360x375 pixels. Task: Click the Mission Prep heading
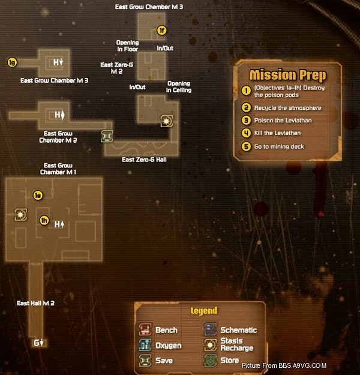[287, 75]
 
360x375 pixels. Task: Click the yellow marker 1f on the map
[161, 30]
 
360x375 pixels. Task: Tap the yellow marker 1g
[11, 62]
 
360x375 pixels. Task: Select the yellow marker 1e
[38, 195]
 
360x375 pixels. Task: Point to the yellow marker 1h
[43, 220]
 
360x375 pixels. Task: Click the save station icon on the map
[107, 137]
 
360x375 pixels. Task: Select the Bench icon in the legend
[146, 329]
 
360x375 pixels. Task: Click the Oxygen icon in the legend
[146, 345]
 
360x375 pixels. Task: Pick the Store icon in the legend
[210, 360]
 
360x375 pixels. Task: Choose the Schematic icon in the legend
[210, 329]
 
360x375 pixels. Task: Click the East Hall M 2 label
[35, 304]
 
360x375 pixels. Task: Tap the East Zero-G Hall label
[143, 160]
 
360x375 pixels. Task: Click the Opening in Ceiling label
[179, 87]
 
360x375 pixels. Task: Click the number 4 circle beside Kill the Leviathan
[245, 133]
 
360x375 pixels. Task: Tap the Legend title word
[204, 311]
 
